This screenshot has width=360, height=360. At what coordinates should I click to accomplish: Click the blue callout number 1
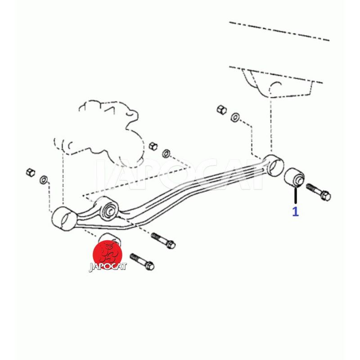point(295,211)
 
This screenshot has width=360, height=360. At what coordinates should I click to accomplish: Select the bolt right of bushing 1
point(319,192)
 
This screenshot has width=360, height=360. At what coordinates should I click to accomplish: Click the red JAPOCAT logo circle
point(108,255)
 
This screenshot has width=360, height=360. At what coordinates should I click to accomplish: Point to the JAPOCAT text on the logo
point(108,267)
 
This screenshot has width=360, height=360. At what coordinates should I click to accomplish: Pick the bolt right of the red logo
point(142,262)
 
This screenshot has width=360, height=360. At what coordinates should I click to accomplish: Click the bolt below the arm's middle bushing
point(163,241)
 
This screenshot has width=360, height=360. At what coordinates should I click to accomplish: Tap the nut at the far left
point(31,172)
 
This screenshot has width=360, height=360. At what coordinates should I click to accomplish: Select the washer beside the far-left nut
point(44,180)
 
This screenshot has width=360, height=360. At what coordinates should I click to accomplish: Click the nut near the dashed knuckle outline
point(153,146)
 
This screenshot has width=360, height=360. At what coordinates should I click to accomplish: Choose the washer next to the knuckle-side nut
point(166,153)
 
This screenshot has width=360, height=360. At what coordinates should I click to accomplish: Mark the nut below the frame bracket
point(221,109)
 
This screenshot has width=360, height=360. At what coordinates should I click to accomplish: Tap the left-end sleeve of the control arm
point(63,218)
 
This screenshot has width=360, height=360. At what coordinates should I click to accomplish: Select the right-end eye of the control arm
point(273,165)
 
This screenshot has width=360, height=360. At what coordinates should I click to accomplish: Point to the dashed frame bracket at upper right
point(275,83)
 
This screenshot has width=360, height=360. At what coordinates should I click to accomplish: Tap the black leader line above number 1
point(296,195)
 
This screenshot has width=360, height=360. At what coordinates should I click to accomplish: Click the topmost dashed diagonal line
point(279,31)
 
